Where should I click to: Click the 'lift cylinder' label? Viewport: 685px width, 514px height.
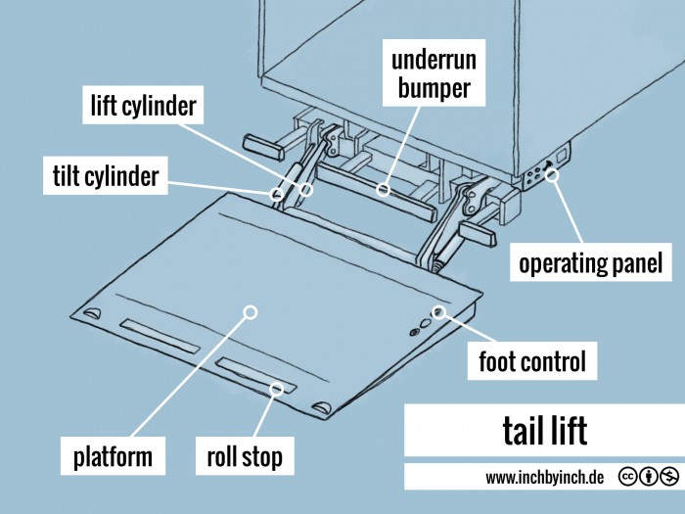point(143,105)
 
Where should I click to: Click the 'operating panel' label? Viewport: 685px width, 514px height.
point(591,263)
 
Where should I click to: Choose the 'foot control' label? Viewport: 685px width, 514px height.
point(531,362)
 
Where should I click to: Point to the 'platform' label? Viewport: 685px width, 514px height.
point(113,456)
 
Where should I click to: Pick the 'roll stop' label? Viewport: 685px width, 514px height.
point(244,456)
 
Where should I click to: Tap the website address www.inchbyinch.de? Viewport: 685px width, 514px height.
point(544,478)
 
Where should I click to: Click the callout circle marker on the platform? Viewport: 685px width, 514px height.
point(250,312)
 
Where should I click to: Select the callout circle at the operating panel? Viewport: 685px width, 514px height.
point(552,175)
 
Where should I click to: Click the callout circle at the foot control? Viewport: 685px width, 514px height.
point(439,312)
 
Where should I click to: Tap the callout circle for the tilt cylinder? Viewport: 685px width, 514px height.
point(277,194)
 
